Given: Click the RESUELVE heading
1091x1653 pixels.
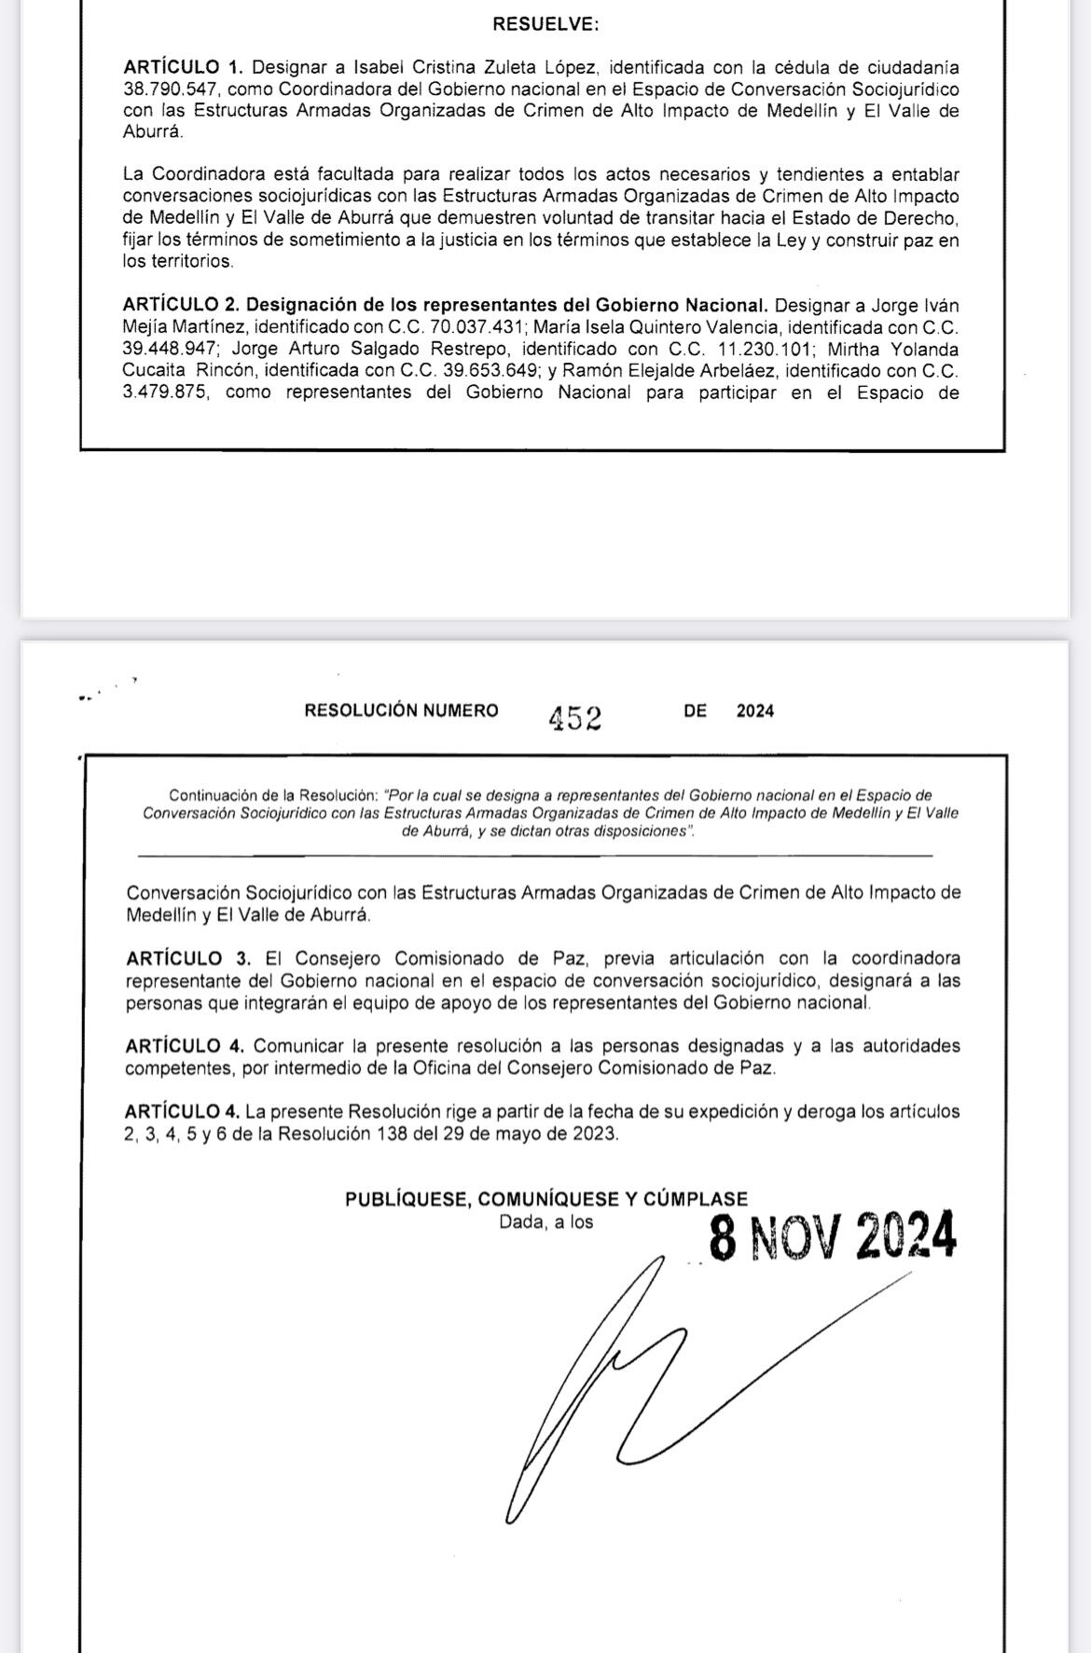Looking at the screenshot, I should [545, 25].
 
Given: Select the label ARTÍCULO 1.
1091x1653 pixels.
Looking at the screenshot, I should [183, 67].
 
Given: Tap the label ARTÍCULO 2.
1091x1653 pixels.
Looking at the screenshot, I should [183, 306].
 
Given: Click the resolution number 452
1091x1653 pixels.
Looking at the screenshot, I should [575, 718].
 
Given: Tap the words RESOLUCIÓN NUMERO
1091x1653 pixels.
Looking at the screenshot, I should [401, 710].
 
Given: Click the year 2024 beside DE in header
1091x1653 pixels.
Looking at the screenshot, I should [755, 710].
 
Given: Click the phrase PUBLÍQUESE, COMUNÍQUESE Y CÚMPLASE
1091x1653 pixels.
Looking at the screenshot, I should [546, 1200].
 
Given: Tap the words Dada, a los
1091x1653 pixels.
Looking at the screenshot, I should [546, 1221].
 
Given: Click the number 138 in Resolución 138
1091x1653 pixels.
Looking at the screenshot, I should [393, 1134].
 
